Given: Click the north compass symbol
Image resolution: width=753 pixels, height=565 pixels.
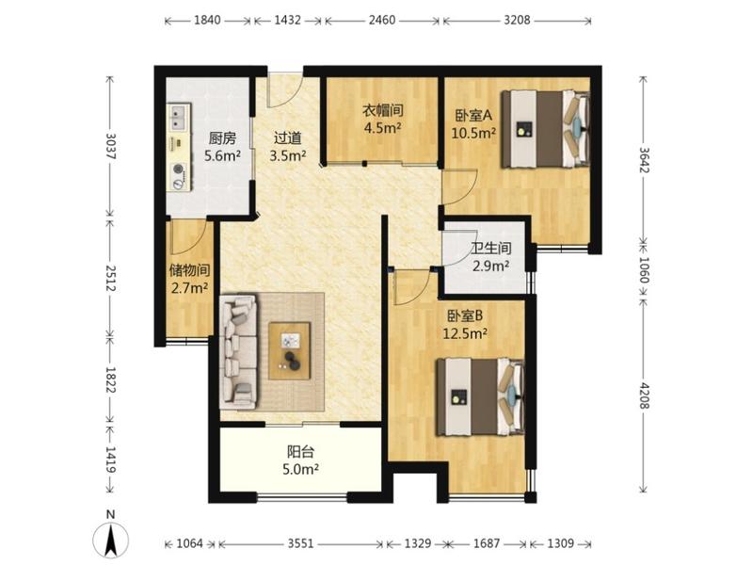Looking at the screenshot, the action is click(110, 537).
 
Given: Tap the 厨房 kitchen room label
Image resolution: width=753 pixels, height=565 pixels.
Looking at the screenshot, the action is click(222, 138).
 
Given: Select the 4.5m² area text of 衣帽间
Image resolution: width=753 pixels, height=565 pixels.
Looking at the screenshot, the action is click(383, 128).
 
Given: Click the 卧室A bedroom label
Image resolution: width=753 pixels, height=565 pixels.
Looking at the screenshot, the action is click(474, 115).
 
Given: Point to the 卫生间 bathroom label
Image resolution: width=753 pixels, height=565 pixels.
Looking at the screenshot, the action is click(490, 248).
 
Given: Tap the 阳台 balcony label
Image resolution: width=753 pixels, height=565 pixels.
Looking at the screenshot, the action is click(300, 452).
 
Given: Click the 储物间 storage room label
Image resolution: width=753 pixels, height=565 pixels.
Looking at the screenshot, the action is click(190, 270).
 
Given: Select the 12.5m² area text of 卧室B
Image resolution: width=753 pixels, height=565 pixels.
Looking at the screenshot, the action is click(465, 333).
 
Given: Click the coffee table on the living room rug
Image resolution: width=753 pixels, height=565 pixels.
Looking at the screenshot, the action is click(290, 350).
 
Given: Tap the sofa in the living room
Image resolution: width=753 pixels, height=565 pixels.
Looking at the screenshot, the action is click(238, 352).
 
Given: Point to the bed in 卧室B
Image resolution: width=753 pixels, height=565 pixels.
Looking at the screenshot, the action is click(480, 396).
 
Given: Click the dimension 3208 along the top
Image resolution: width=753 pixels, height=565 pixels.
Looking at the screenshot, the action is click(517, 20).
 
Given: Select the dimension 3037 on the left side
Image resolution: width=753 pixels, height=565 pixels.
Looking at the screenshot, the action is click(111, 146).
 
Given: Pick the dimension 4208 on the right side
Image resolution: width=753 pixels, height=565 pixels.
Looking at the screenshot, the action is click(644, 394).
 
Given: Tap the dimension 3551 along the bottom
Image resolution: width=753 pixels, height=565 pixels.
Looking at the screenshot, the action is click(300, 543).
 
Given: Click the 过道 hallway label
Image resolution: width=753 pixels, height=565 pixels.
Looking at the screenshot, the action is click(288, 138).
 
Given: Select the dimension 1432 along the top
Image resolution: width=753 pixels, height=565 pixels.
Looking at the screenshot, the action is click(288, 20).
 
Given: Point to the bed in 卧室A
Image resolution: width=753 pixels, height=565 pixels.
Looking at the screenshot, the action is click(546, 129).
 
